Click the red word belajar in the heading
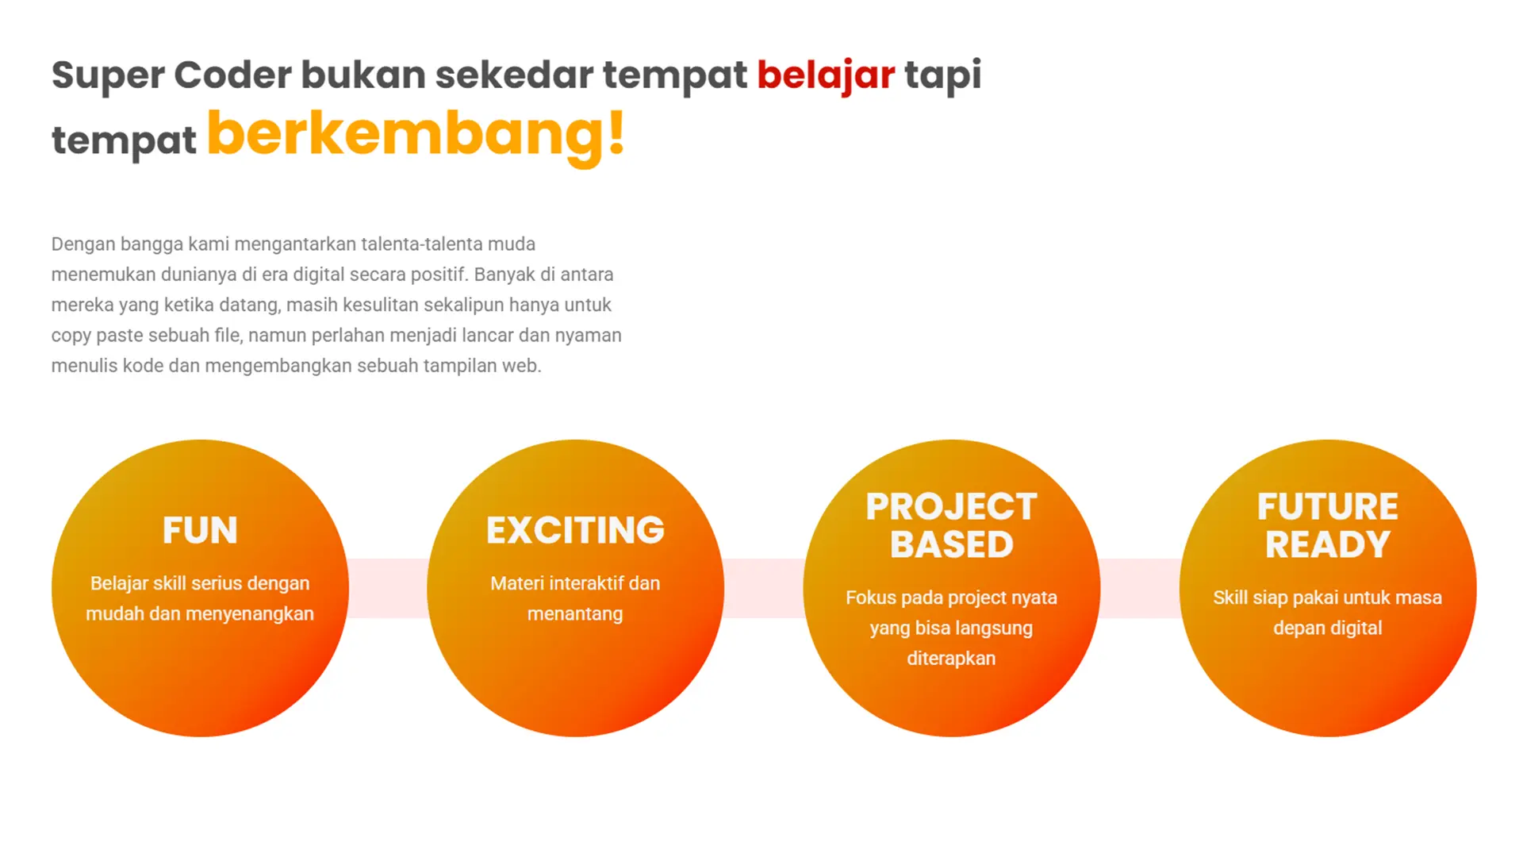click(x=826, y=76)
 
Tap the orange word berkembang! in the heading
click(x=416, y=136)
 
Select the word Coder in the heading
click(x=233, y=75)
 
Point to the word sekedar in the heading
click(x=514, y=75)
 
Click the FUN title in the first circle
click(x=200, y=530)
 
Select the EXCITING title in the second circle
click(x=575, y=530)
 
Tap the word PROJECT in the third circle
click(x=951, y=506)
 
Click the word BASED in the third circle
click(x=951, y=544)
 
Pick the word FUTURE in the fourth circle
click(x=1328, y=506)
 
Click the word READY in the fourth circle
click(x=1328, y=544)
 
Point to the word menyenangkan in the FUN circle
click(x=249, y=614)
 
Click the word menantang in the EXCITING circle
click(x=575, y=614)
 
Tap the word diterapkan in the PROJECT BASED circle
click(x=951, y=659)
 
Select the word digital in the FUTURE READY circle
click(x=1356, y=628)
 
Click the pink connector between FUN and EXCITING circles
click(x=388, y=588)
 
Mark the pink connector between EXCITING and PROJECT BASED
click(x=763, y=588)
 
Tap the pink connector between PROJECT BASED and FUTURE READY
click(x=1140, y=588)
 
